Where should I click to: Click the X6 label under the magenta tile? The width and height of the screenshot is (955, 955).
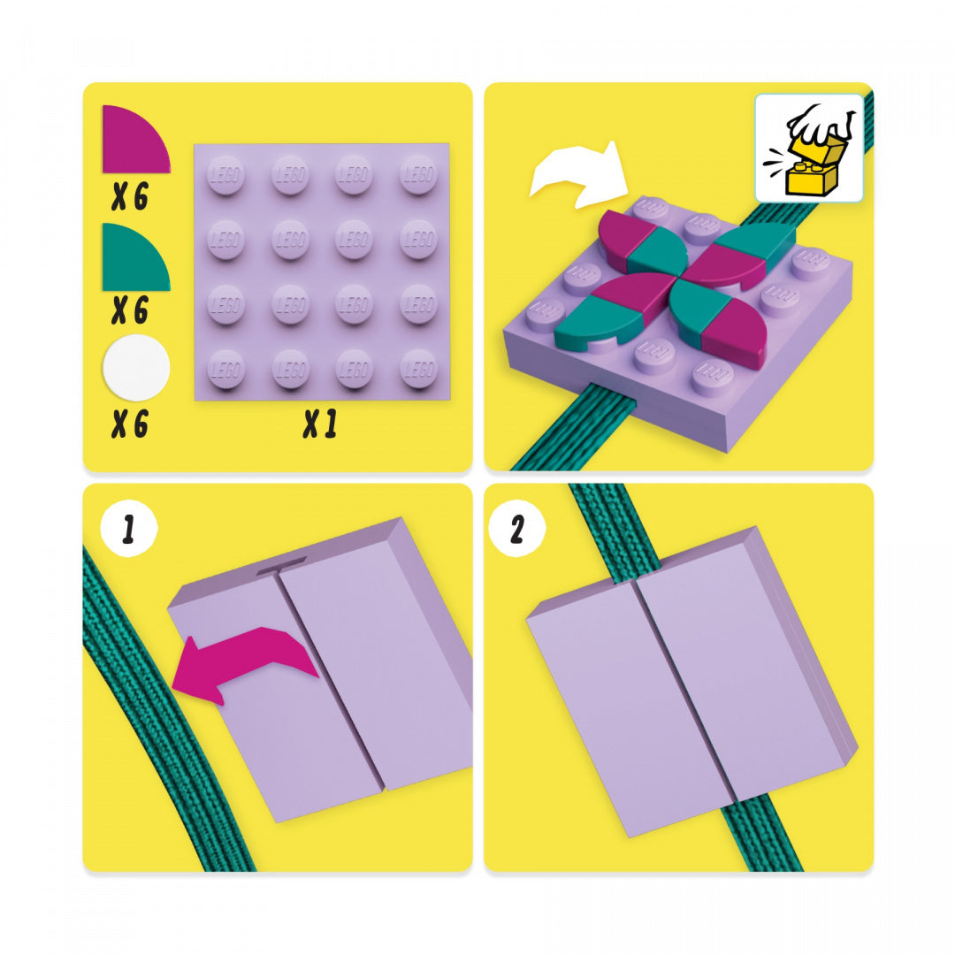point(129,196)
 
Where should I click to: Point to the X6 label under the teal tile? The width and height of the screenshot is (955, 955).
point(129,310)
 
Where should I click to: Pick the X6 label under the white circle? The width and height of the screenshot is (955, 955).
point(129,425)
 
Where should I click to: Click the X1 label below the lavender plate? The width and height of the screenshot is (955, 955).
point(320,425)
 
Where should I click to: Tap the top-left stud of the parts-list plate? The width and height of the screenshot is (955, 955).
point(225,175)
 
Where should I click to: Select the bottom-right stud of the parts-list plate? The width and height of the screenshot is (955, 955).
point(417,369)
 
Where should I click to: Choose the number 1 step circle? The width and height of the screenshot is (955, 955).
point(128,530)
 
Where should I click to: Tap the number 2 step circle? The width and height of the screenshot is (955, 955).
point(516,530)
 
